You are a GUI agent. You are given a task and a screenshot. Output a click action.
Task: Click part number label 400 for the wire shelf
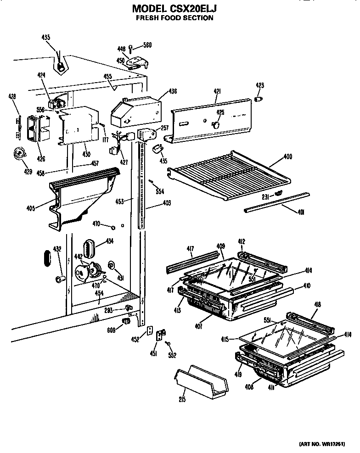(287, 157)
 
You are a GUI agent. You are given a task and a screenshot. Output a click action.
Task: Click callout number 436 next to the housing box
(173, 91)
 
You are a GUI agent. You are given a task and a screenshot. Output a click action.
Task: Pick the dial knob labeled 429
(20, 153)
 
